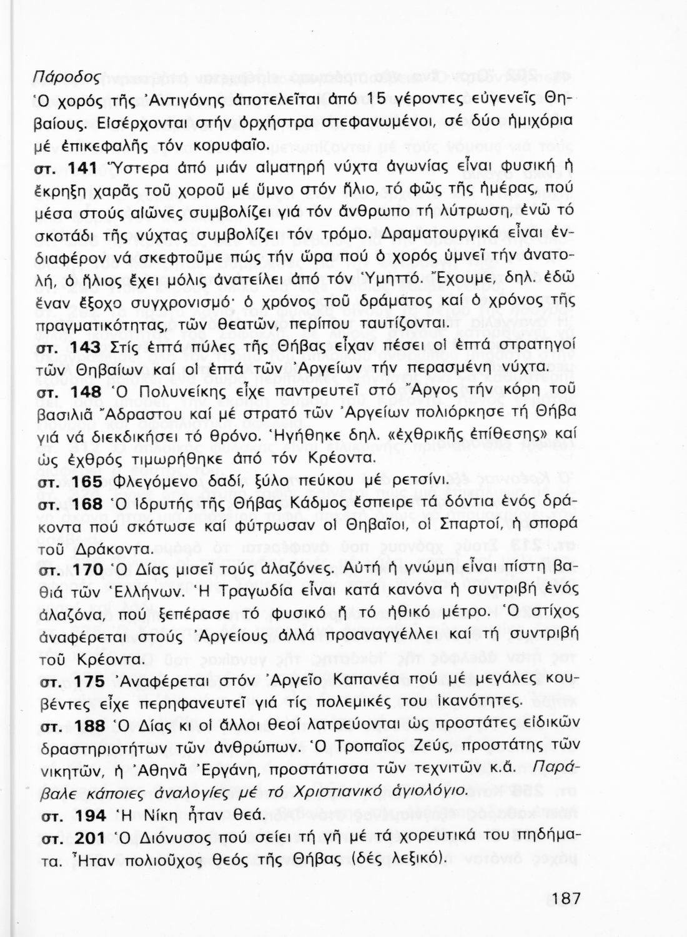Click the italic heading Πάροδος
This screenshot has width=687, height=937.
click(x=73, y=77)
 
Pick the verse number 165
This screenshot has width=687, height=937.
click(x=87, y=482)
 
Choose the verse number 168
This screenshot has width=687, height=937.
click(x=87, y=504)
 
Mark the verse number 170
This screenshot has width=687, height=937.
click(x=87, y=570)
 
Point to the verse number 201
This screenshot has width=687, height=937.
click(x=90, y=838)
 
